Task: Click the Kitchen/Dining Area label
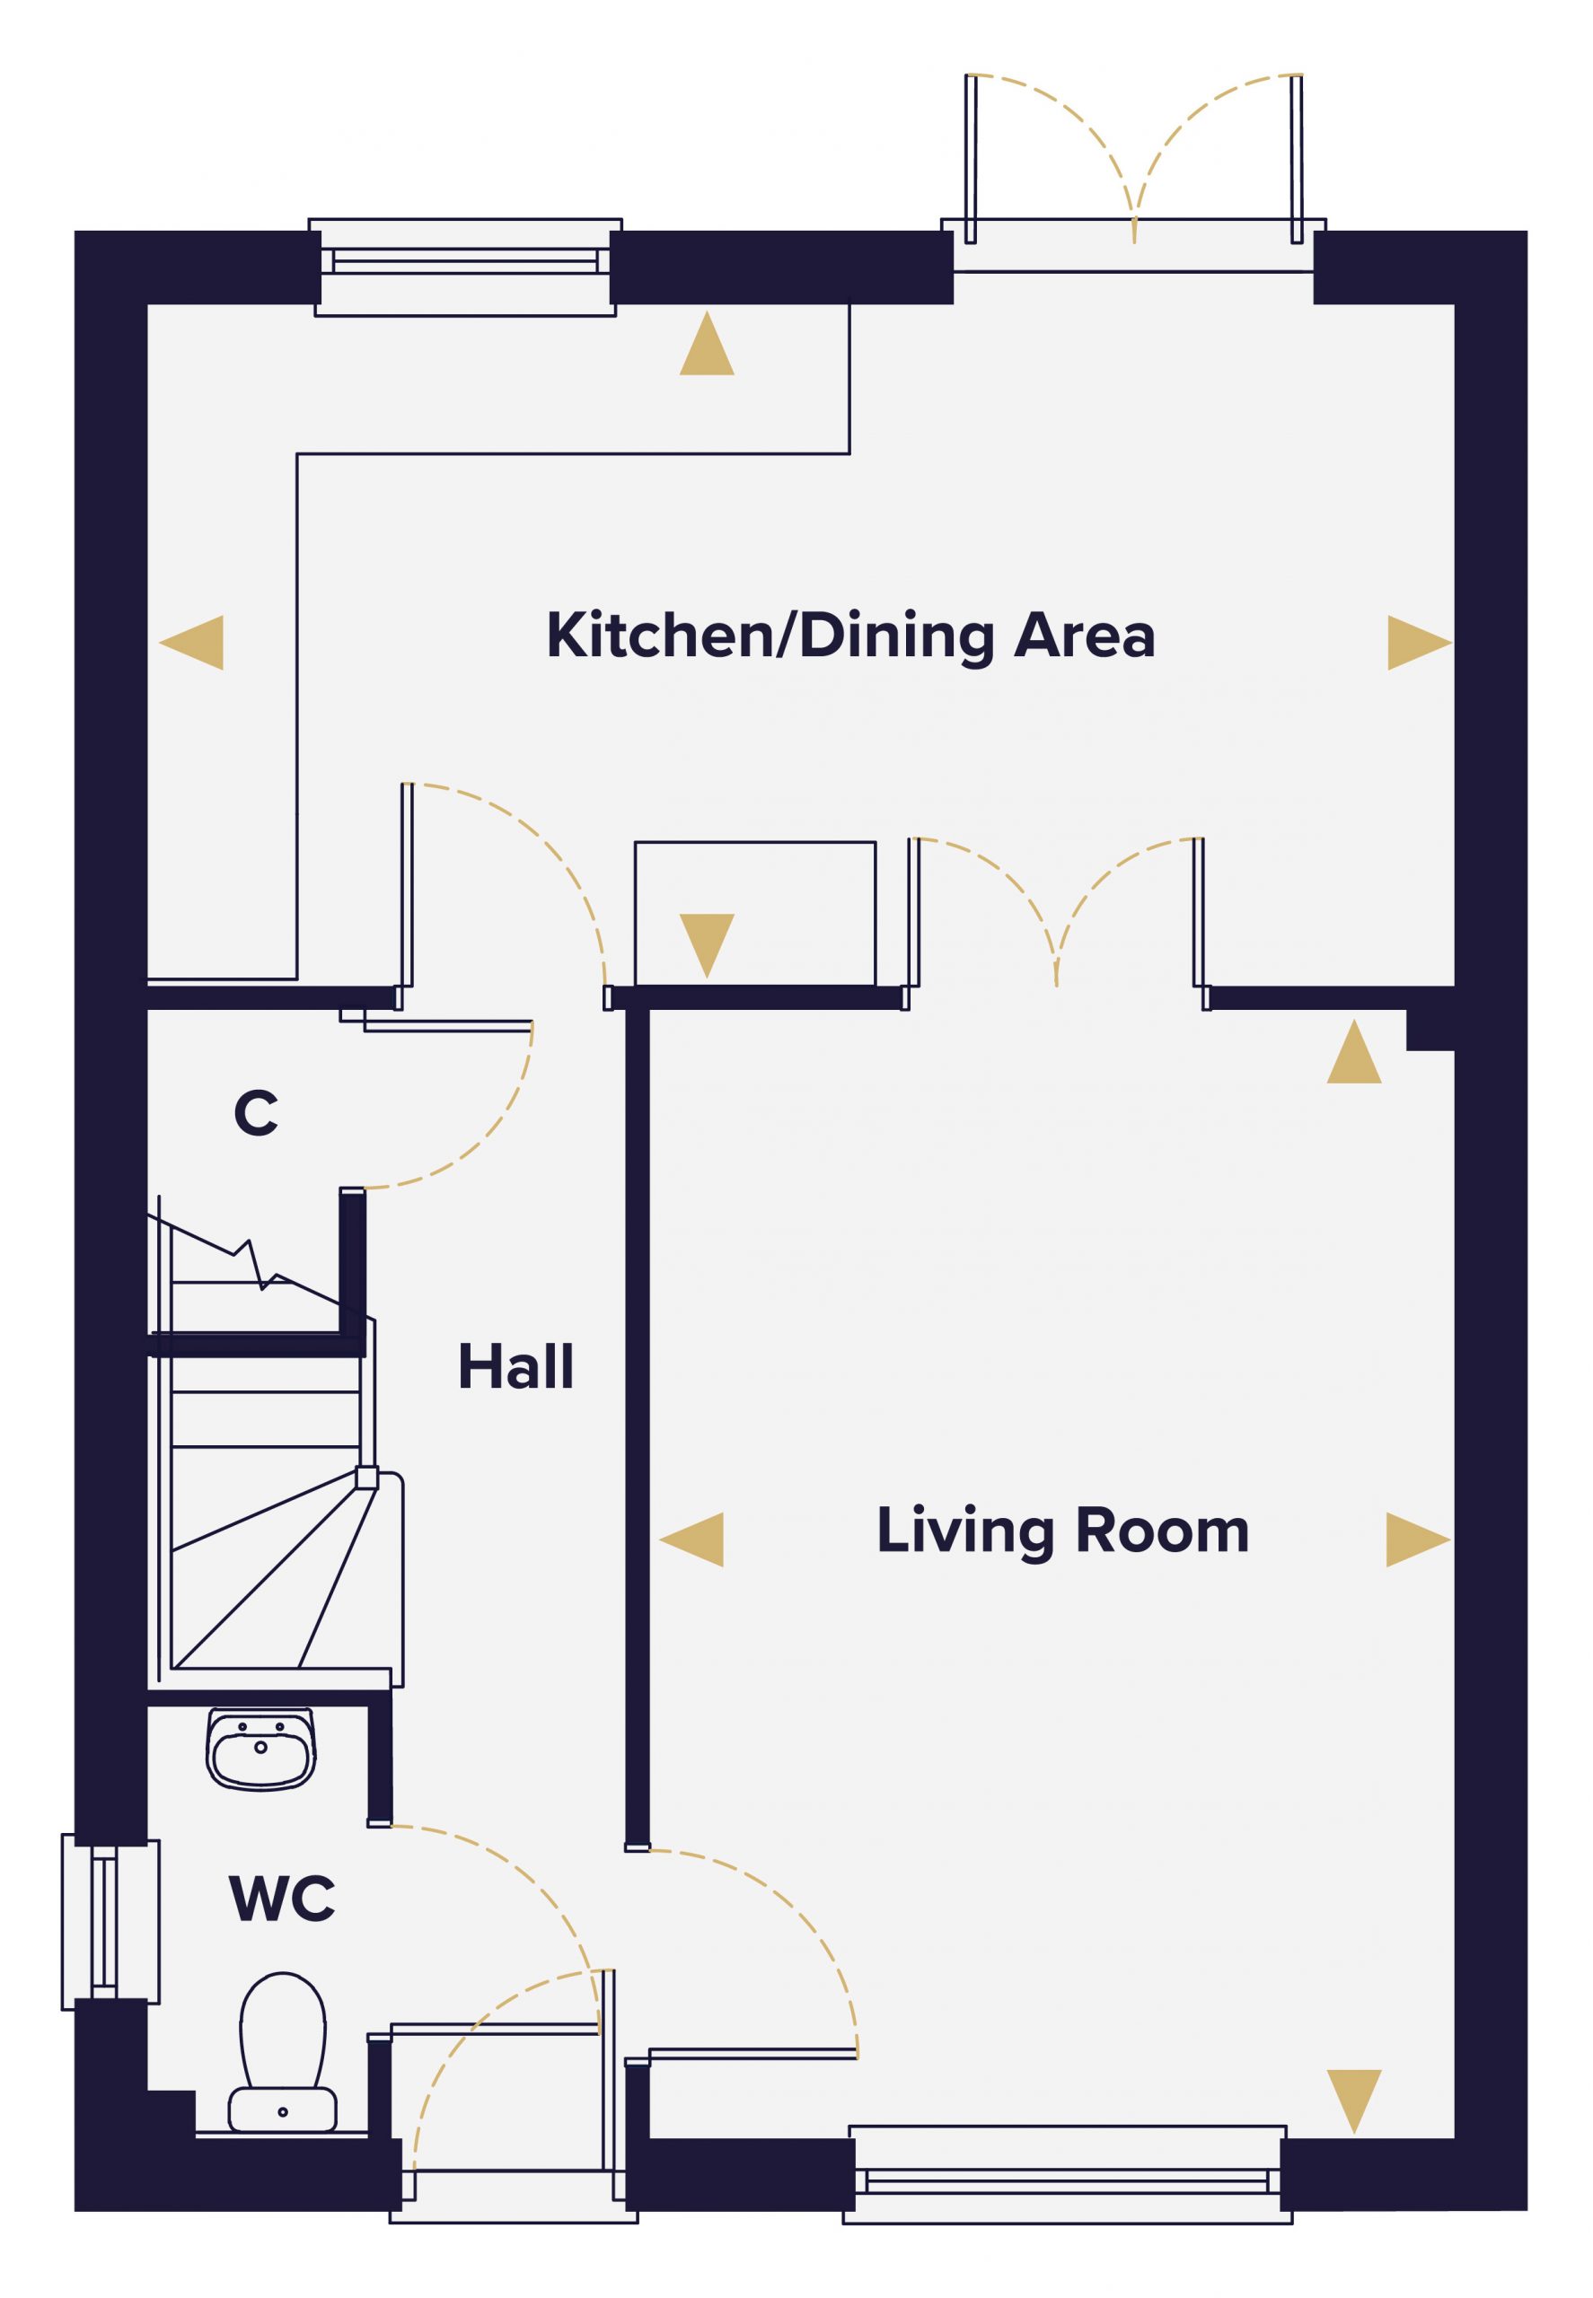point(850,636)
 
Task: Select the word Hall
point(516,1366)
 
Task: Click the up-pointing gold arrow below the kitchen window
point(707,342)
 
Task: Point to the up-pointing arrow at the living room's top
point(1354,1051)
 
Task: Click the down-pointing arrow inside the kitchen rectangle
point(707,946)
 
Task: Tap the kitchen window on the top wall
point(465,267)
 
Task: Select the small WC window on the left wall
point(110,1922)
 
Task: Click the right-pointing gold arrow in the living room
point(1418,1539)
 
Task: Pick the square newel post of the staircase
point(367,1478)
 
